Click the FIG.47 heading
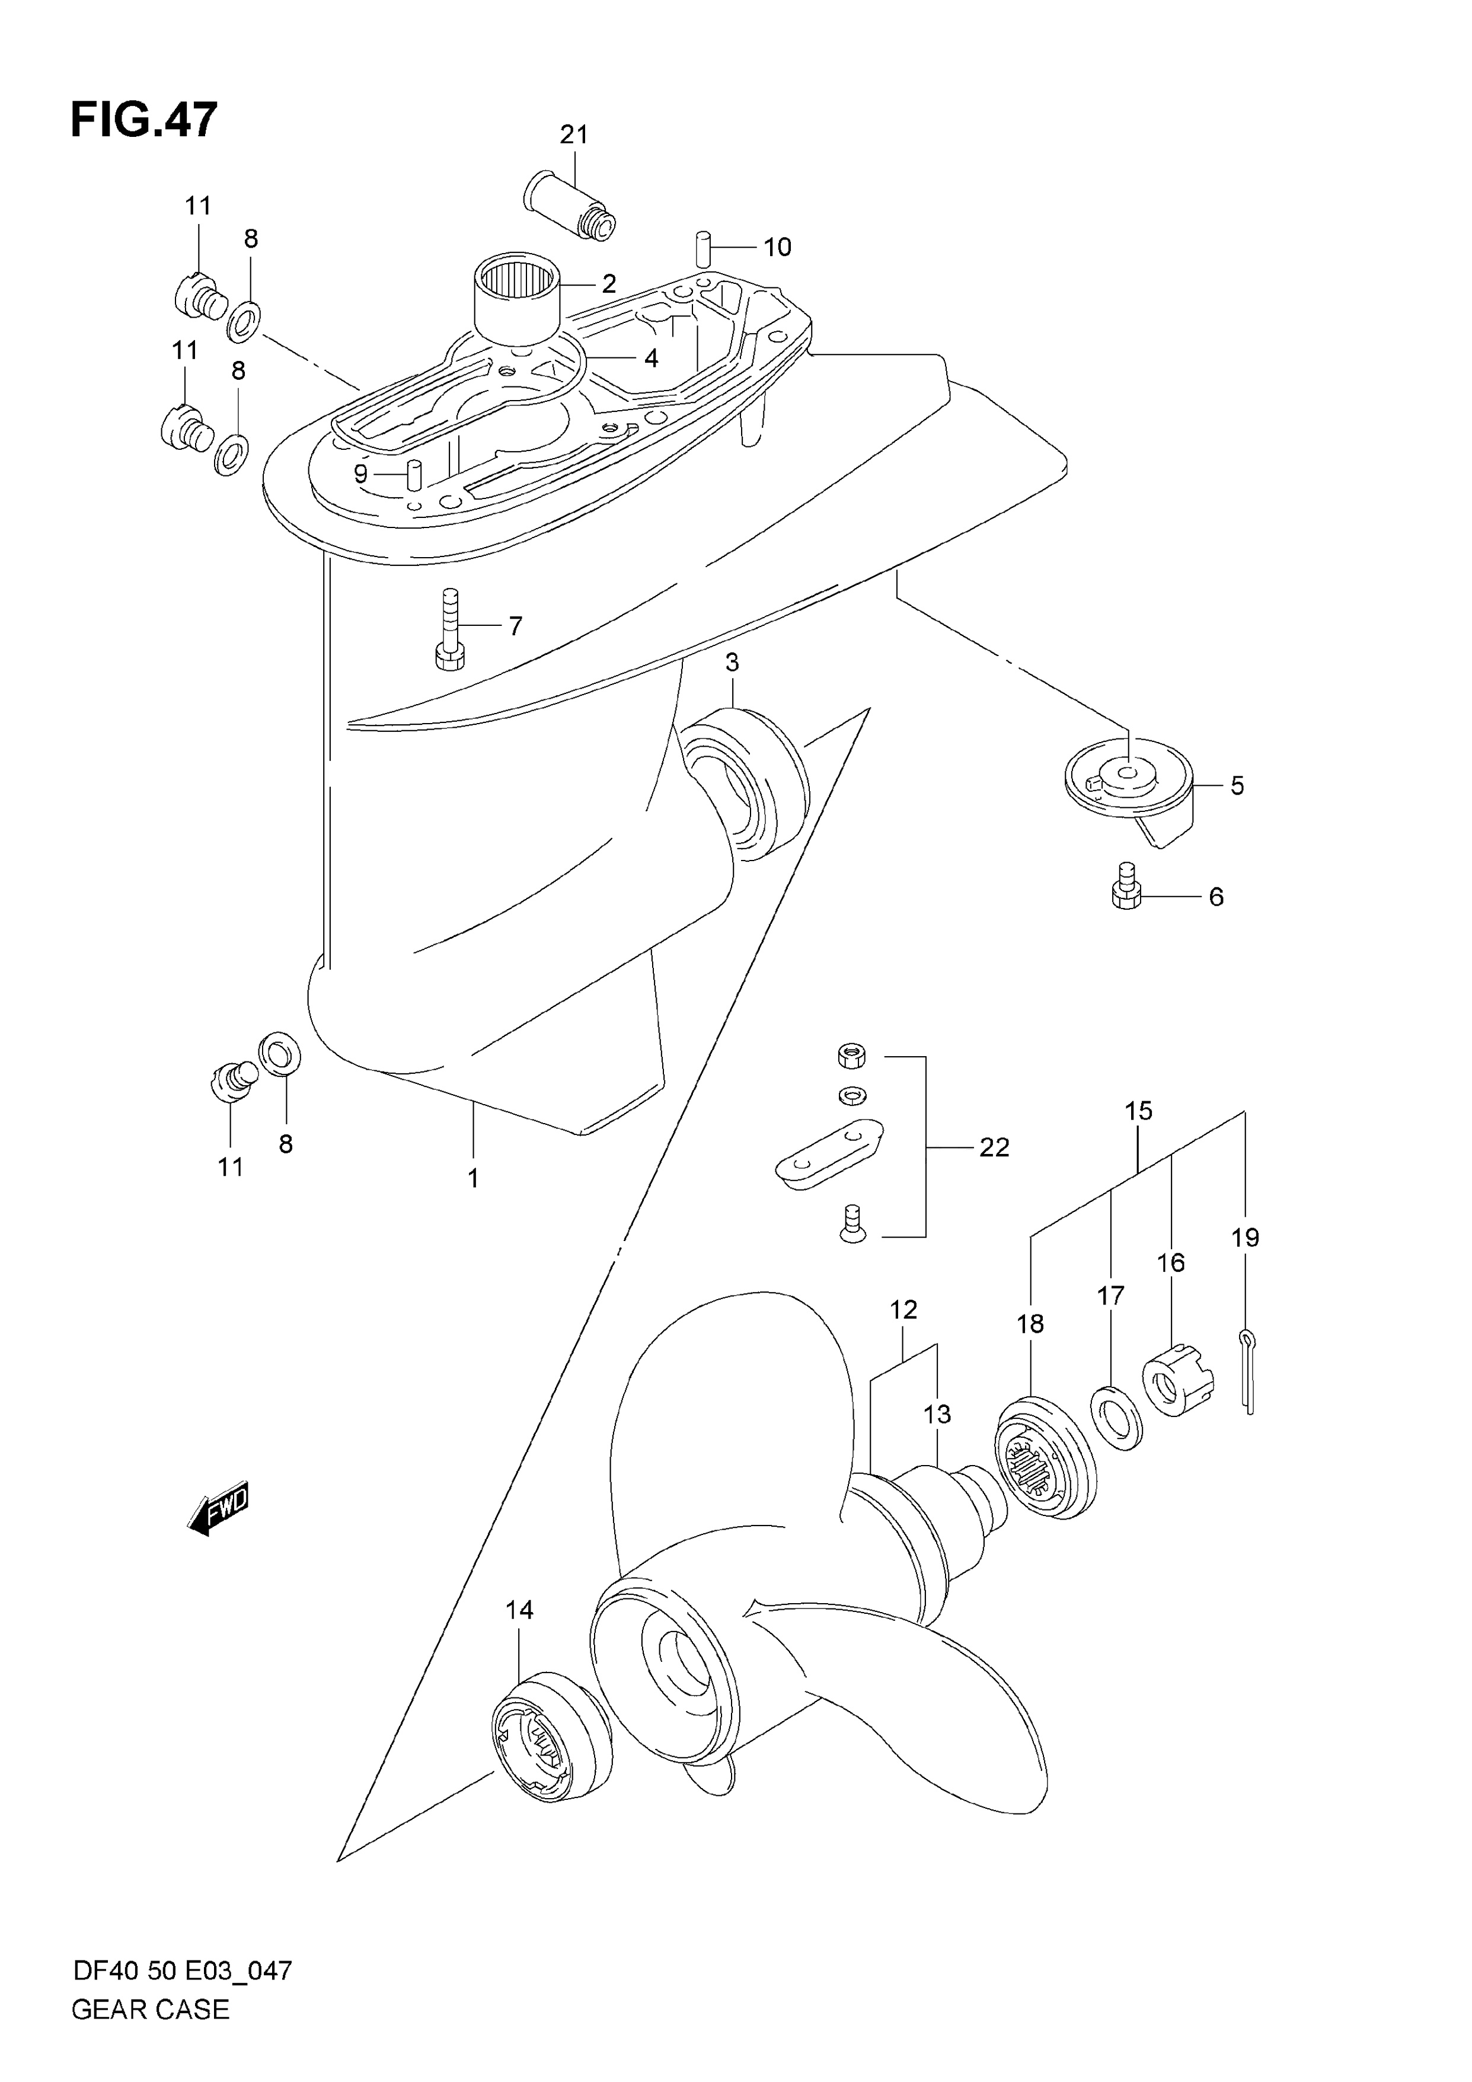pos(144,120)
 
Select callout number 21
pos(574,135)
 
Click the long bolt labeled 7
pos(450,629)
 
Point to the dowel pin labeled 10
pos(703,248)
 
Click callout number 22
pos(994,1148)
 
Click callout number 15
pos(1138,1111)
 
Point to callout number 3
pos(732,663)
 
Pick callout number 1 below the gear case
pos(472,1178)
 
